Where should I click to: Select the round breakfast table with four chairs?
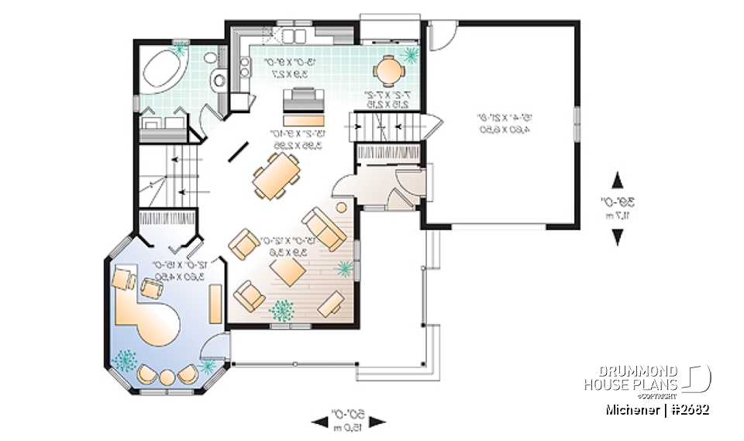pos(387,71)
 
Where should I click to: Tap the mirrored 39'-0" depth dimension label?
pos(618,207)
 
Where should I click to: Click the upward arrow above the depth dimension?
pos(618,181)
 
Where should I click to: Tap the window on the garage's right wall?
pos(577,116)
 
